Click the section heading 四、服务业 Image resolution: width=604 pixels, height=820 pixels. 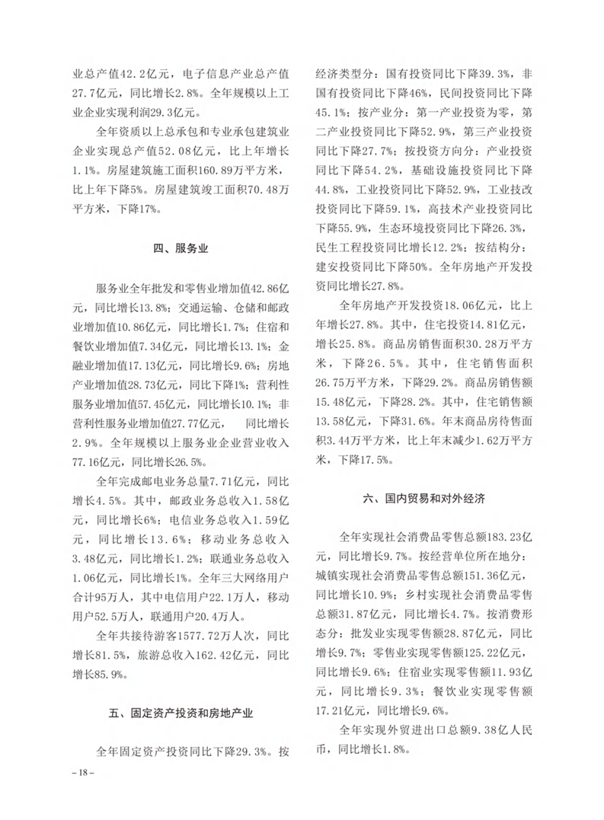181,248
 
